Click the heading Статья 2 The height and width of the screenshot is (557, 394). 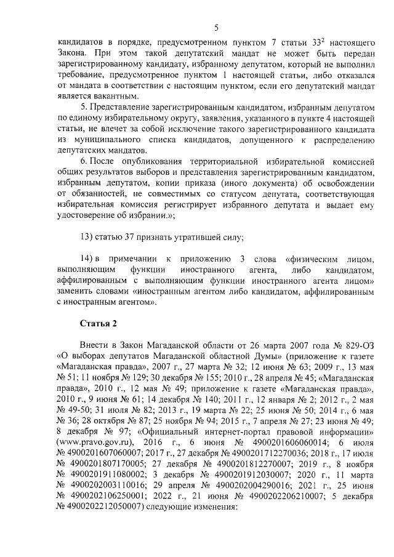click(x=98, y=323)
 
